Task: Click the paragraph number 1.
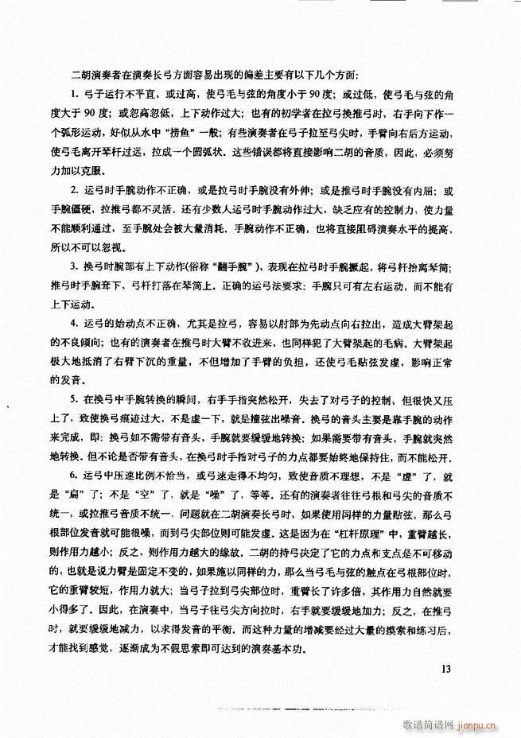point(74,95)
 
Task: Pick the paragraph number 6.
point(74,476)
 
